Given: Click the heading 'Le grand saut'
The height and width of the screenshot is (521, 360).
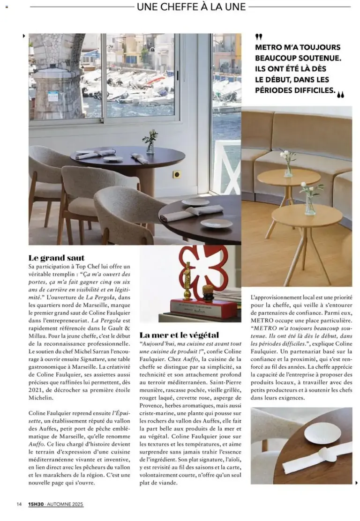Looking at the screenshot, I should coord(56,258).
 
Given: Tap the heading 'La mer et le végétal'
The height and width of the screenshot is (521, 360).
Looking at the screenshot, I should coord(179,335).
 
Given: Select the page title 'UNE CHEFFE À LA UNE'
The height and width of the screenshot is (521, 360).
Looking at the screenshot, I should coord(191,7).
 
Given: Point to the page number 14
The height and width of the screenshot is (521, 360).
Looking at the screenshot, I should coord(19,504).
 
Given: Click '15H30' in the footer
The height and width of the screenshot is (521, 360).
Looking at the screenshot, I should coord(35,504).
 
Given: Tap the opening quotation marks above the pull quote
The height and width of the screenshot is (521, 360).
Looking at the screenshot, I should coord(259,37).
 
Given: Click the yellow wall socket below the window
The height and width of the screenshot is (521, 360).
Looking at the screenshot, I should coord(177,174).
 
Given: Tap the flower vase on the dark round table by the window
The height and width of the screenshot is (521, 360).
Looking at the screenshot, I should coord(150,142).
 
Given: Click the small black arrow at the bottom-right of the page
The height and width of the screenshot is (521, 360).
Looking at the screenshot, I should coord(356,483).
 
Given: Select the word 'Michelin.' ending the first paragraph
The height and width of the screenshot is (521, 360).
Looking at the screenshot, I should coord(41,397).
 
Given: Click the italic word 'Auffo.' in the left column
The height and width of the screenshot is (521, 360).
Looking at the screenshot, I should coord(37,444).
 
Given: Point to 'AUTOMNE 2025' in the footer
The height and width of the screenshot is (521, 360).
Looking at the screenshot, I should coord(66,504).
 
